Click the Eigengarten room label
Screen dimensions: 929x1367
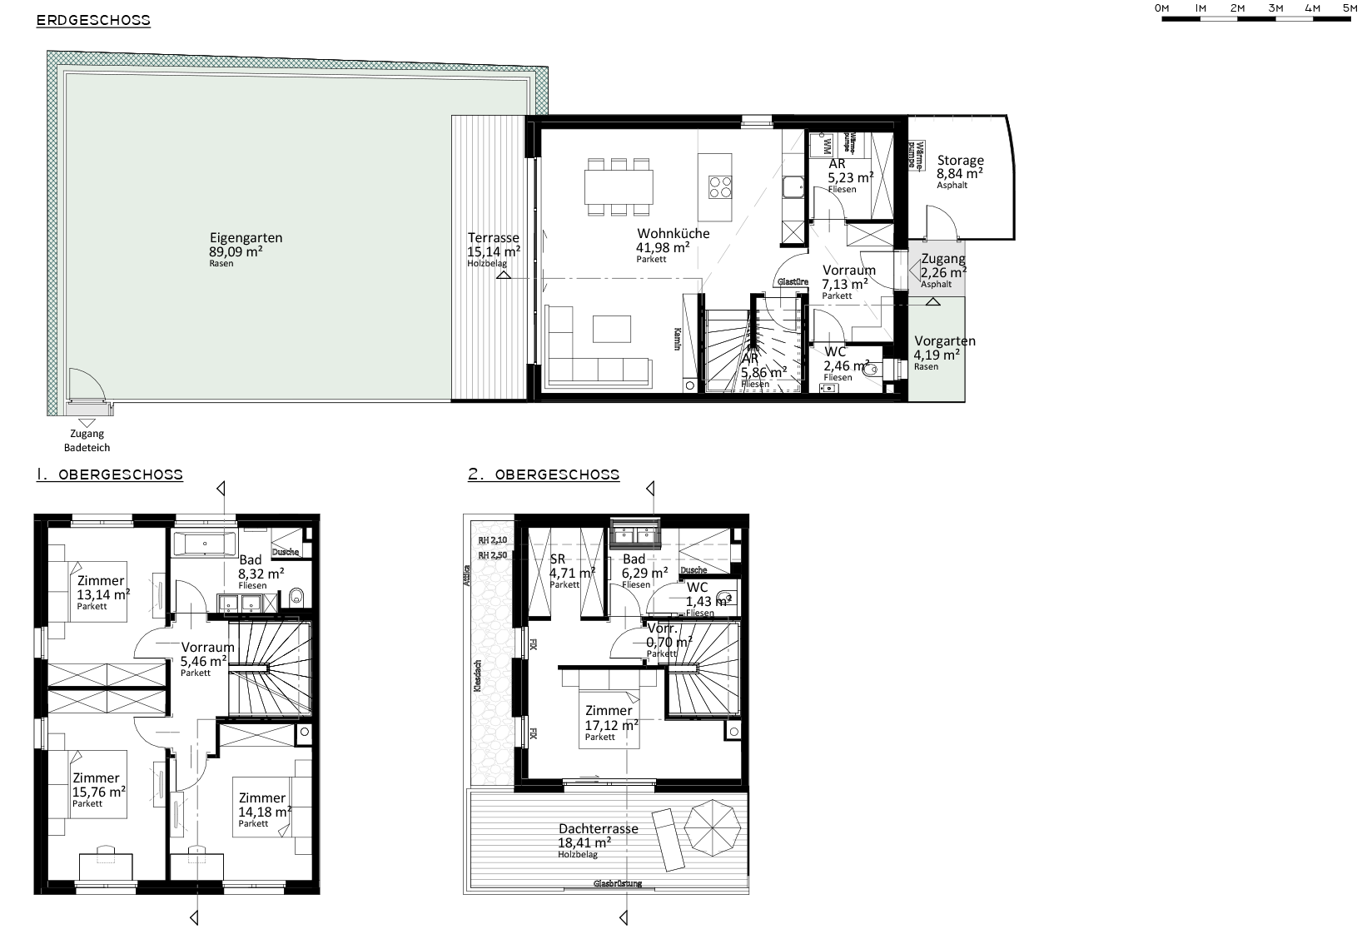click(246, 238)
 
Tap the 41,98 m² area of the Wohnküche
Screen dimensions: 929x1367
click(662, 247)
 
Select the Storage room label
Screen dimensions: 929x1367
click(960, 161)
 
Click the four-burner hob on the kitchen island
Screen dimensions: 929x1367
click(719, 187)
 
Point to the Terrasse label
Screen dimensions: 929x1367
click(493, 238)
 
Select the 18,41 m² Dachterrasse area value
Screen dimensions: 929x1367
click(584, 842)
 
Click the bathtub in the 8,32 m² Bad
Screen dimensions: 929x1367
click(207, 547)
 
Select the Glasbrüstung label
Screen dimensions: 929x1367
click(617, 883)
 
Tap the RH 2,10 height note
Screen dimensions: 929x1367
click(492, 540)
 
